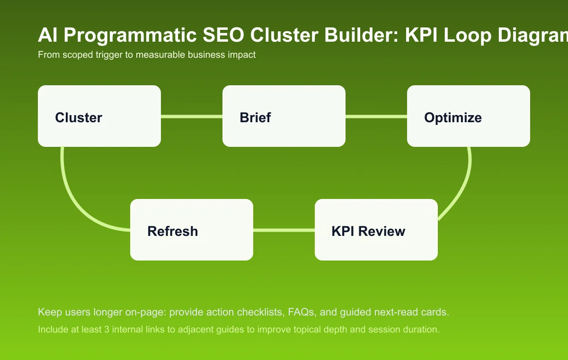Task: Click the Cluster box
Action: point(99,116)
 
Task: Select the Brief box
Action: point(284,116)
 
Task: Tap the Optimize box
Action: point(469,116)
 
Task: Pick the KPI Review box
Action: point(376,230)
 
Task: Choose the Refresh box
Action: point(192,230)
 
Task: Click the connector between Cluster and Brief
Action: point(192,116)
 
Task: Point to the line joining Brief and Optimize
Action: point(376,116)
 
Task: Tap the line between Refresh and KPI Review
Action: point(284,230)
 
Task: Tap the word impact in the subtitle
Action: point(242,55)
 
